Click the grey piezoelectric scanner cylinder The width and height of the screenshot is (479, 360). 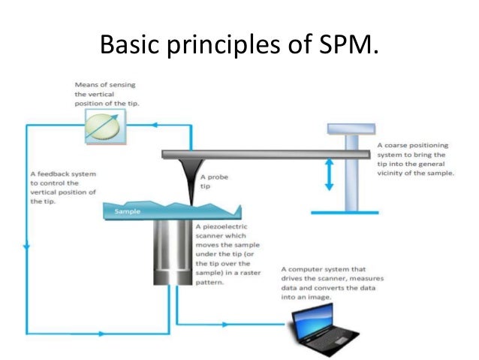[x=173, y=252]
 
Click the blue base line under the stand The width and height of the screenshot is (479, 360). [x=345, y=213]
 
